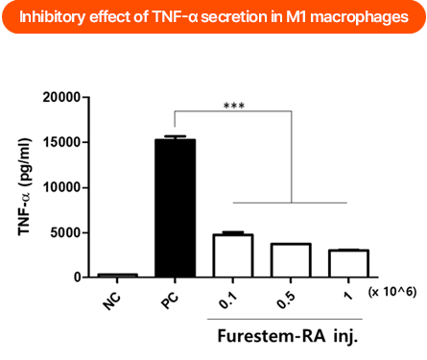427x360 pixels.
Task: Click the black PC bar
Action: (175, 208)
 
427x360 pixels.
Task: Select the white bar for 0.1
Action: (232, 255)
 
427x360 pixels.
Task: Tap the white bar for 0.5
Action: (291, 260)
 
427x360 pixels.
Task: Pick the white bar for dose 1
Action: (348, 263)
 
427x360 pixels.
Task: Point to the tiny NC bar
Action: (117, 276)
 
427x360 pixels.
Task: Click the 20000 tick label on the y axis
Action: (59, 97)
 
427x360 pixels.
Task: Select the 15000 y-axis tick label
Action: (59, 142)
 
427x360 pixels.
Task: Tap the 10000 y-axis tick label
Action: (59, 187)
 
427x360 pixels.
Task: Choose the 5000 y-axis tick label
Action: (62, 232)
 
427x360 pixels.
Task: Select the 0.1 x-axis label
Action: (227, 298)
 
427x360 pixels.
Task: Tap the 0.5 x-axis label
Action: (285, 298)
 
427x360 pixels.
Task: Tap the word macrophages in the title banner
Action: (360, 16)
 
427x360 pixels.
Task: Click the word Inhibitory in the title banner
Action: (52, 16)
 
